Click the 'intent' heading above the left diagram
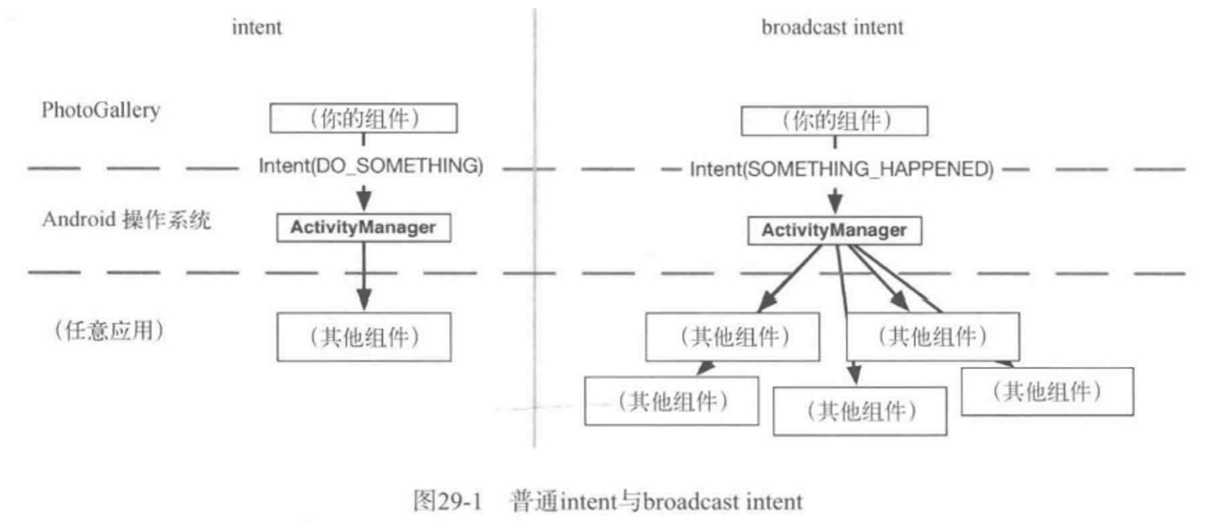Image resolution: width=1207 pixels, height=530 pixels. (256, 28)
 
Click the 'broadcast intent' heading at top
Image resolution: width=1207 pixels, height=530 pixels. (832, 28)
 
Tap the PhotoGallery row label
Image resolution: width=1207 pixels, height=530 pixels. (101, 111)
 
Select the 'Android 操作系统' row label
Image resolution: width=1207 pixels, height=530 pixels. (126, 219)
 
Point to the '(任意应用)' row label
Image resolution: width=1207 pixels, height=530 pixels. (109, 331)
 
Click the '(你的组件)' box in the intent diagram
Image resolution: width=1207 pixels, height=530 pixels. (363, 118)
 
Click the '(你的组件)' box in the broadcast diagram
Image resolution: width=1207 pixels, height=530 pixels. (834, 121)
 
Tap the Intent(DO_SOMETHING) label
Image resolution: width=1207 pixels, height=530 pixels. (371, 166)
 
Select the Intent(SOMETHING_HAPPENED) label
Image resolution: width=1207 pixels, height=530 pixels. (841, 170)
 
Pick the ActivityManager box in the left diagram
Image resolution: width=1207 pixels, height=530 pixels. (363, 228)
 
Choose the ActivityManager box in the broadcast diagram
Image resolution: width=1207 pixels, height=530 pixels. (834, 231)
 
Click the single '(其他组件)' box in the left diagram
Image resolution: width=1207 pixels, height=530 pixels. (363, 337)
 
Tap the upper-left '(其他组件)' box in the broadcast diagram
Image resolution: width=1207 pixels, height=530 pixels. (732, 337)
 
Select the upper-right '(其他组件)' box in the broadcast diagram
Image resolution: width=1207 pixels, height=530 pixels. (932, 337)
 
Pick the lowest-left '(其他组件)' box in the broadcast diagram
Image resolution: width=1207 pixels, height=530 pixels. (671, 401)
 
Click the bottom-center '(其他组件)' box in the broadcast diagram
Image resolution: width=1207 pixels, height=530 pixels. (860, 411)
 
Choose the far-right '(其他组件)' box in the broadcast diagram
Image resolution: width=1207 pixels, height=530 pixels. (1047, 392)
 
